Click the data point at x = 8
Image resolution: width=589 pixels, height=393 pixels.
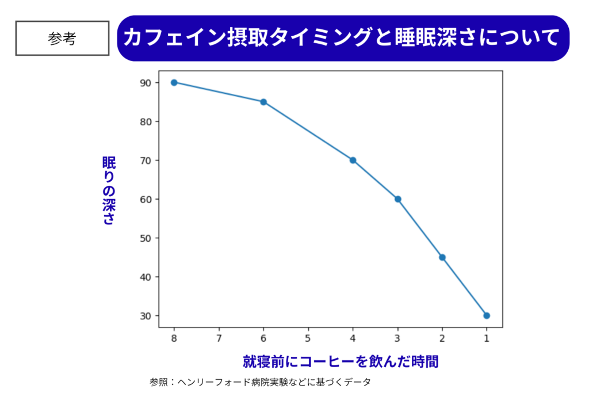point(174,82)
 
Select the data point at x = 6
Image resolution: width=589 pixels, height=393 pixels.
point(263,102)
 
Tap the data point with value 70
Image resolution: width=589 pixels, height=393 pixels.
point(353,160)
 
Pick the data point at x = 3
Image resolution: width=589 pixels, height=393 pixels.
point(397,199)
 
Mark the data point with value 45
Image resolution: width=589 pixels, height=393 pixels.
point(442,257)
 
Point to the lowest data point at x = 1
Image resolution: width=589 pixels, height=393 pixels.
point(487,315)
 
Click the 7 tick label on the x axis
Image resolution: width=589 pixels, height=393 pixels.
point(219,338)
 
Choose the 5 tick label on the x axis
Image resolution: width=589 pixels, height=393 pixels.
point(308,338)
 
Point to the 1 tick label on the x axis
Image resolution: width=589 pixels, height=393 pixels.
point(487,338)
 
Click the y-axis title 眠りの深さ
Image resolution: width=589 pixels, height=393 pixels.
point(109,190)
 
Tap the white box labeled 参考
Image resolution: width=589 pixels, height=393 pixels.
point(62,39)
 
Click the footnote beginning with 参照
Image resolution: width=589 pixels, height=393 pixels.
point(260,381)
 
